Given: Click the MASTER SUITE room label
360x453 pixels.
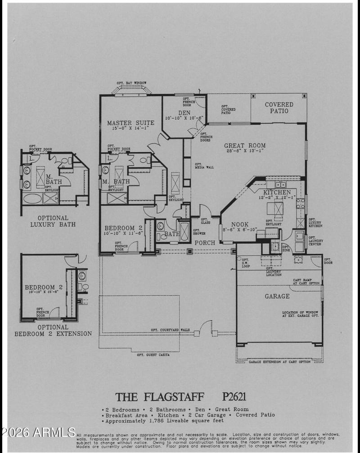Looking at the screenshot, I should [130, 122].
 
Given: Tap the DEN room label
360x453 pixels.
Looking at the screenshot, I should [184, 113].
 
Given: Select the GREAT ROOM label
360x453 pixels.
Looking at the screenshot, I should [245, 145].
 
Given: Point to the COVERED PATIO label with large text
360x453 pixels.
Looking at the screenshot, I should [279, 108].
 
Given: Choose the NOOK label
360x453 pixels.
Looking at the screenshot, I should [240, 224].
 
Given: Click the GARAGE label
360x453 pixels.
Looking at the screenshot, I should [277, 296].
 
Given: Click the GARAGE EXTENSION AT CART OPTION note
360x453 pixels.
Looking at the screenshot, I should [279, 361].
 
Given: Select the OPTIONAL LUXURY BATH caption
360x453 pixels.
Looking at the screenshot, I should [53, 221].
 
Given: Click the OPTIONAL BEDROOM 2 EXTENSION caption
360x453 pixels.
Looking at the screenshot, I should [53, 331].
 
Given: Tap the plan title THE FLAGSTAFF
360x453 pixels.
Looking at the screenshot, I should [160, 397].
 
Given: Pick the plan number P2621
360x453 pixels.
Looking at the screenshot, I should [234, 397].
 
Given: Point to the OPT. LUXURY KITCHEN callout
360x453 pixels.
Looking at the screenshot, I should [315, 222].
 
